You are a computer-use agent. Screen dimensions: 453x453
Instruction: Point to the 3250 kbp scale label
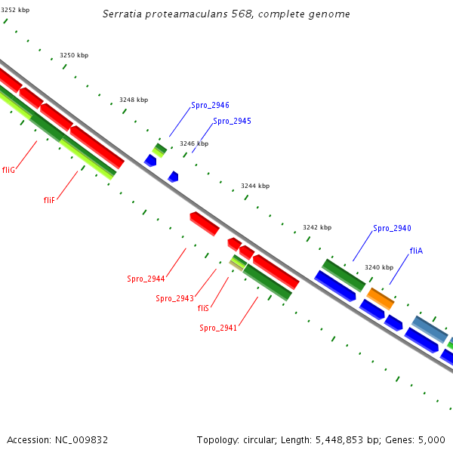click(x=74, y=55)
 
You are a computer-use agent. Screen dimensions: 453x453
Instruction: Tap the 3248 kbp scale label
click(x=134, y=100)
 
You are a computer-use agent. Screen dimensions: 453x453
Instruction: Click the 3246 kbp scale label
click(x=193, y=143)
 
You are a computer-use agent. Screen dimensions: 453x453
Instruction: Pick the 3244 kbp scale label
click(x=255, y=186)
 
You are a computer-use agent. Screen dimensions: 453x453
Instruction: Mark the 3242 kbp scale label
click(x=317, y=227)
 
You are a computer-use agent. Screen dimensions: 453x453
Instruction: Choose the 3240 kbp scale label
click(x=379, y=267)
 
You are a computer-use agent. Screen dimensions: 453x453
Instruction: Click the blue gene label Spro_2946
click(x=210, y=106)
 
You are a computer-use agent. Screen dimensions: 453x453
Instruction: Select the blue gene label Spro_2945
click(x=232, y=121)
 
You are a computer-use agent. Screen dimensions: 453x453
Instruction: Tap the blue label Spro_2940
click(x=392, y=228)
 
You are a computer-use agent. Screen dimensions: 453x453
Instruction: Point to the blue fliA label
click(x=416, y=251)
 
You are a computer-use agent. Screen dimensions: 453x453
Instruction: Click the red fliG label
click(x=9, y=170)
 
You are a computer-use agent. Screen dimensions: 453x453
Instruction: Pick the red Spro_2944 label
click(x=146, y=279)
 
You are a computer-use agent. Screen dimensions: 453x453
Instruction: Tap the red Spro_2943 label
click(x=174, y=298)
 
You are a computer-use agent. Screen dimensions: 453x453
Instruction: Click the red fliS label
click(x=203, y=308)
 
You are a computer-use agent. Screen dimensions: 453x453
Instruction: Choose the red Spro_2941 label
click(x=218, y=328)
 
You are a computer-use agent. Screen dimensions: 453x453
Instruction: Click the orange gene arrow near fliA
click(x=381, y=298)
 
